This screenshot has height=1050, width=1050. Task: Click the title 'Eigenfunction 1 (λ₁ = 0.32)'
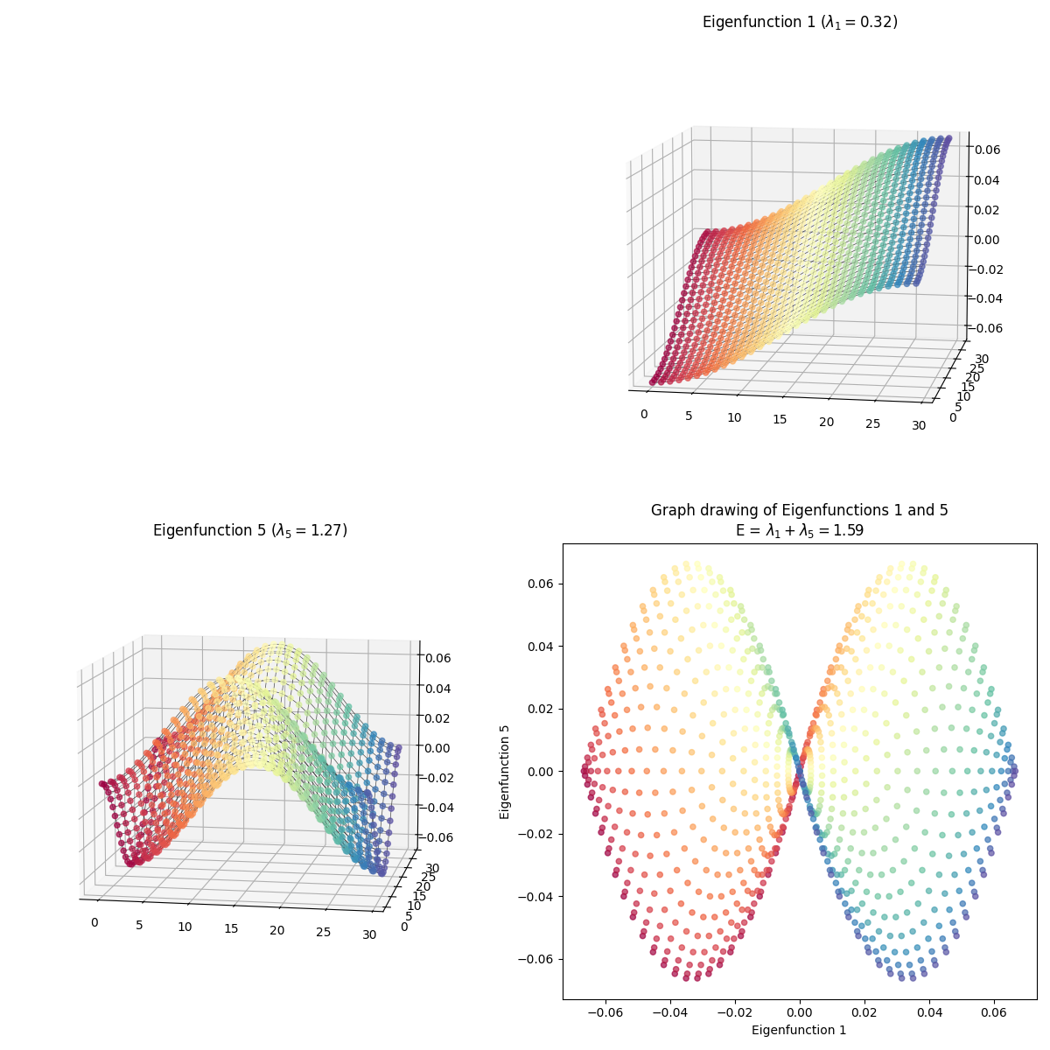point(800,22)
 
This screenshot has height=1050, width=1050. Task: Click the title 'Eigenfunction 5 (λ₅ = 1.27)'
point(250,530)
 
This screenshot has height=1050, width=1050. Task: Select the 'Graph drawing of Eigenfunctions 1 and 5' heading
point(799,510)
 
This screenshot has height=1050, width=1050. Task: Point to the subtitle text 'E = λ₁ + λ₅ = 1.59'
point(799,529)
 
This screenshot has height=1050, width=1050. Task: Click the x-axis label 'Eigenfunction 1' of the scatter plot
point(799,1030)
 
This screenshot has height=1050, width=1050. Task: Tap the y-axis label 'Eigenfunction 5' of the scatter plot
point(505,771)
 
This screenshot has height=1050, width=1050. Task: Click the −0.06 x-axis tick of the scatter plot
point(603,1011)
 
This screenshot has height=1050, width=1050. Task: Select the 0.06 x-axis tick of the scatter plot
point(993,1011)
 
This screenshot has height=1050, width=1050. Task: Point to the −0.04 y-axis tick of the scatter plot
point(535,896)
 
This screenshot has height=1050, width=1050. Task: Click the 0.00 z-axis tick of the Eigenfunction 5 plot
point(439,747)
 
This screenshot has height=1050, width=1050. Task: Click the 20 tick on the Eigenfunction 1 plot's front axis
point(826,423)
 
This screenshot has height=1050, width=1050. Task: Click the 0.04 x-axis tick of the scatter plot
point(929,1011)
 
